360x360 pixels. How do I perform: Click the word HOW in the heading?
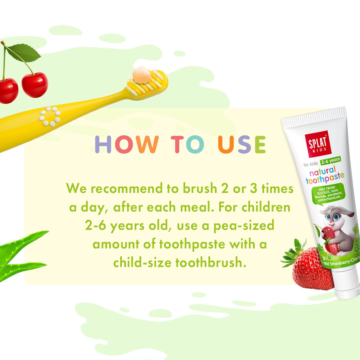pos(127,144)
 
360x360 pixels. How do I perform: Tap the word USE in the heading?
pos(242,144)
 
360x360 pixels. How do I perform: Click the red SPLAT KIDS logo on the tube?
pos(318,144)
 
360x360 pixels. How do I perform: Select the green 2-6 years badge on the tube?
pos(330,160)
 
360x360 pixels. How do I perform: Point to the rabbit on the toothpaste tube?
pos(337,230)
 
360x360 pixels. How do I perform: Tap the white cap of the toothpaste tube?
pos(347,284)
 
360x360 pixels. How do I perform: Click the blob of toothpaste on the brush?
pos(141,75)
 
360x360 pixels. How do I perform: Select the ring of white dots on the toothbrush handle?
pos(50,116)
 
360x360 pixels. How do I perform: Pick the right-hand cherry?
pos(35,85)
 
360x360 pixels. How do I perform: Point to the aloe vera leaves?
pos(21,255)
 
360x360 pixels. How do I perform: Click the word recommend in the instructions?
pos(127,189)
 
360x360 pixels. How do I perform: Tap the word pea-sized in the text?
pos(244,226)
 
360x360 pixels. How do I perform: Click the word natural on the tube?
pos(322,171)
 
